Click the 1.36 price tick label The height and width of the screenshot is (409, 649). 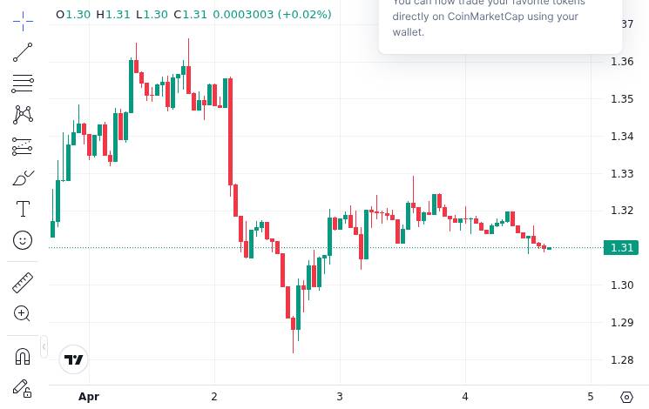tap(622, 62)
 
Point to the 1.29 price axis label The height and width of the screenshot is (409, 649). tap(622, 323)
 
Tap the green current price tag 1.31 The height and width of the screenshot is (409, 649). tap(622, 248)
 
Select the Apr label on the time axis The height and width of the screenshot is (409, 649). tap(89, 397)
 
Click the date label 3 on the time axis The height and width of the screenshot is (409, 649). tap(340, 397)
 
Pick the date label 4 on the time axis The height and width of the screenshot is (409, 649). tap(465, 397)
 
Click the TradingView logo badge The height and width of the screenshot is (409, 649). tap(74, 359)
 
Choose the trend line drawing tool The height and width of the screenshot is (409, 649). tap(23, 53)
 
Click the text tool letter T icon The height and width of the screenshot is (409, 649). tap(23, 209)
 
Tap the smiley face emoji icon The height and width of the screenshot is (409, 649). tap(23, 240)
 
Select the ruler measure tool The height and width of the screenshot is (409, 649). tap(23, 282)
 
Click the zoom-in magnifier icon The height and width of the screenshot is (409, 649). tap(23, 313)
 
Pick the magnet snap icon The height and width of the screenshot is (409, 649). tap(23, 356)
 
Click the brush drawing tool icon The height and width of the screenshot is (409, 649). tap(23, 178)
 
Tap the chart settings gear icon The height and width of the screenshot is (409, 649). tap(627, 397)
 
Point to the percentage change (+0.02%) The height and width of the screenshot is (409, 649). tap(304, 14)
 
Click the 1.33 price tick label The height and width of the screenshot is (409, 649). tap(622, 174)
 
